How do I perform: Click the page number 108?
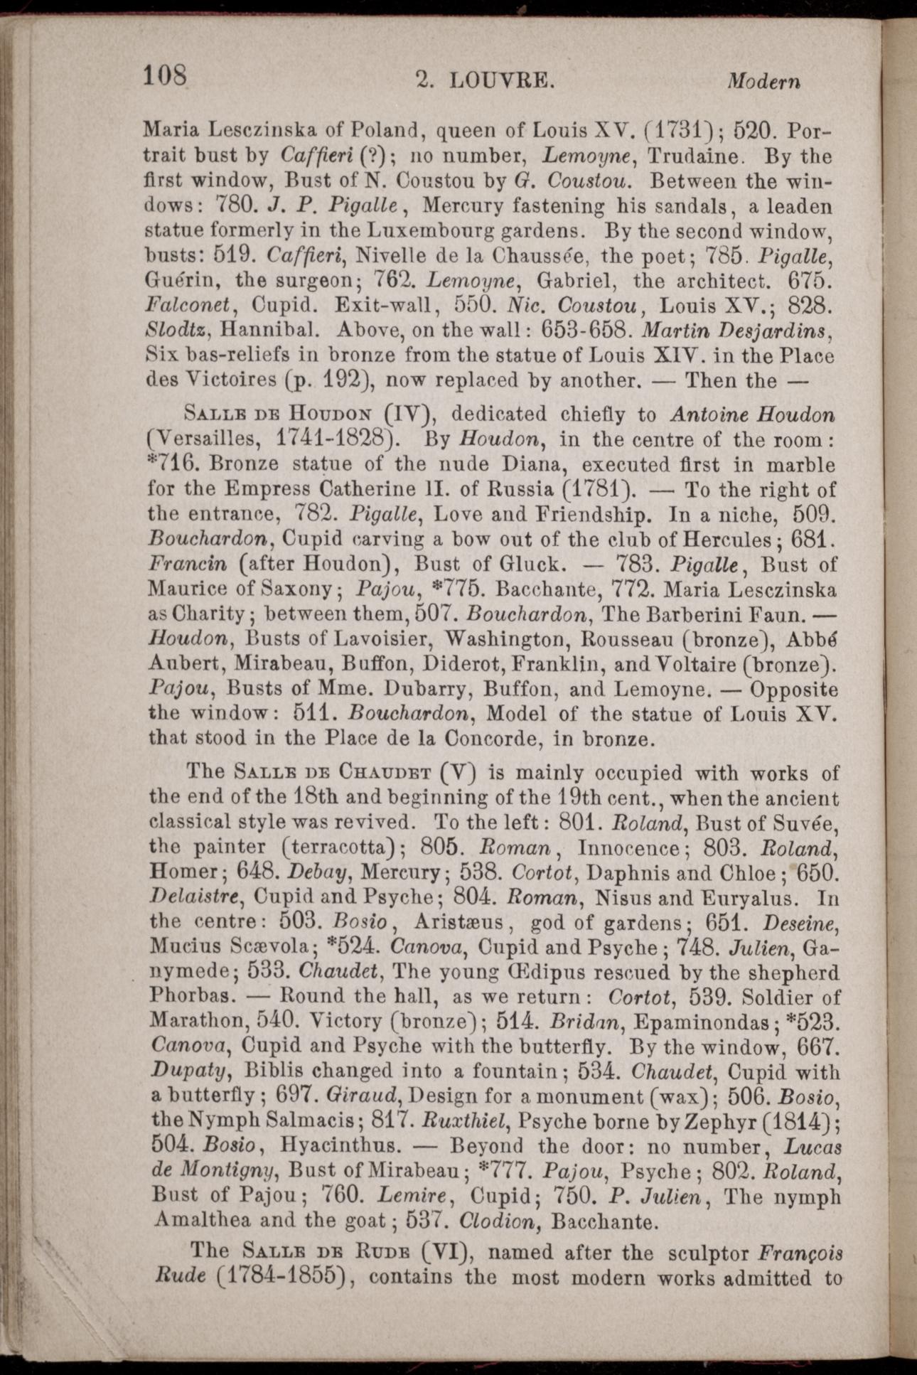tap(165, 75)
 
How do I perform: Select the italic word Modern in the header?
tap(763, 81)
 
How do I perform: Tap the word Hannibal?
tap(273, 330)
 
